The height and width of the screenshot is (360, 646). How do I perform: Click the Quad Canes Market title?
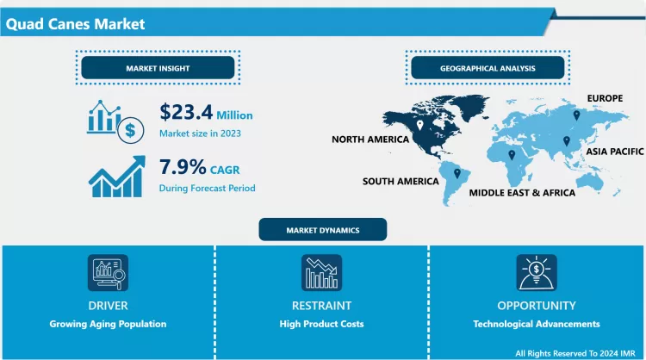click(75, 24)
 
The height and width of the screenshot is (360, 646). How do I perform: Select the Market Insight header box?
click(158, 67)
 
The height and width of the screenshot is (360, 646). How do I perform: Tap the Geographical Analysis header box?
click(488, 67)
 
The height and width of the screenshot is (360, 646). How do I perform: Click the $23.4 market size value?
click(186, 113)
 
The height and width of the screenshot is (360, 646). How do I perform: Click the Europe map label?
click(605, 99)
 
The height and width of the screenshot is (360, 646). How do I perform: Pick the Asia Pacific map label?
click(613, 151)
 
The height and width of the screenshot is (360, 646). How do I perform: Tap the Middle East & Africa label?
click(522, 193)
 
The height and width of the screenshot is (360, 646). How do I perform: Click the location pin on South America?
click(456, 172)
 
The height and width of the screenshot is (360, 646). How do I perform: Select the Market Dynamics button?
click(323, 230)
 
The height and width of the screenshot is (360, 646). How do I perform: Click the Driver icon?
click(108, 273)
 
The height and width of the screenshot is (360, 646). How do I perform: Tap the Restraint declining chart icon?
click(321, 273)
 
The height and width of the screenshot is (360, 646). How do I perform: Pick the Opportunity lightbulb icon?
click(535, 273)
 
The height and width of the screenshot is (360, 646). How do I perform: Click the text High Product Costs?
click(321, 324)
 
